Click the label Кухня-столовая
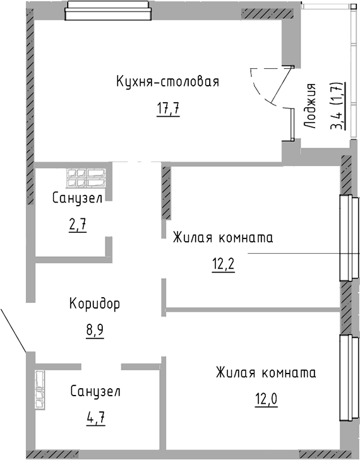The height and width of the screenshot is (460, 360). [x=167, y=81]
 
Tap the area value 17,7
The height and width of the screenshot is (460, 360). [x=168, y=110]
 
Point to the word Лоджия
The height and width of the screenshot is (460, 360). [x=310, y=106]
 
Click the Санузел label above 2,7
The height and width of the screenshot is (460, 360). [x=78, y=198]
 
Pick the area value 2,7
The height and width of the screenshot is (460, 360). [x=78, y=226]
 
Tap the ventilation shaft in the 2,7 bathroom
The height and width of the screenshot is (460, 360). [x=86, y=178]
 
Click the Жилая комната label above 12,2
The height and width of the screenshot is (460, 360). [x=223, y=237]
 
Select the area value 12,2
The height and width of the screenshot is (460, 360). [x=223, y=266]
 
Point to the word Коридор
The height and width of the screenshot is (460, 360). [x=95, y=304]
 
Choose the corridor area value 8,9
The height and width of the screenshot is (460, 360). [x=95, y=331]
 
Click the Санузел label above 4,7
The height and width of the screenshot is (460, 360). [x=95, y=391]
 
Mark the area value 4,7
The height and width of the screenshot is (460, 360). [x=96, y=418]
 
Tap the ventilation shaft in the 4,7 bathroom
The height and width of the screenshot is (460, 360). [x=40, y=389]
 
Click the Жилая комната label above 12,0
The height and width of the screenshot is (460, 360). [x=266, y=372]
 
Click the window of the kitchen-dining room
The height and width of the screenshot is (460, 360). [x=108, y=11]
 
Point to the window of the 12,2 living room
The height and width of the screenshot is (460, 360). [x=349, y=238]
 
